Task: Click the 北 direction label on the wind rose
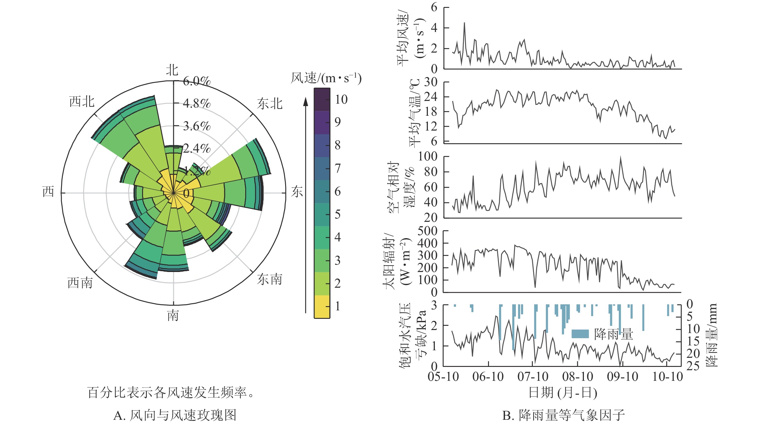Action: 172,70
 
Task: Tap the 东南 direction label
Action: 269,280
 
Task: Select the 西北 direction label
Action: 82,102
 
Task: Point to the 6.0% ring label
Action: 197,81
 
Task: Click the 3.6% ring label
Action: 197,126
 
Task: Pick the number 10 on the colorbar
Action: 341,100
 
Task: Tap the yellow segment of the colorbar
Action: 322,306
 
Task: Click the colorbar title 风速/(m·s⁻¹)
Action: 326,78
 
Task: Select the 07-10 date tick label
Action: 533,377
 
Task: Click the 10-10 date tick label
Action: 668,377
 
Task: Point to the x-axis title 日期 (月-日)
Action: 563,393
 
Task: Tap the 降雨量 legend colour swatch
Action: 580,334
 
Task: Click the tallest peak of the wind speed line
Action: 464,23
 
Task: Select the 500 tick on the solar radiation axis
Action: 427,231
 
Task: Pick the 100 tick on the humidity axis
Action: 428,157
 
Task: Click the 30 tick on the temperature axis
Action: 431,82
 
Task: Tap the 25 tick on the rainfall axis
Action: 693,366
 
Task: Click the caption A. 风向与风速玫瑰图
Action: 175,415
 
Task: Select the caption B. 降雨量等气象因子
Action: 563,415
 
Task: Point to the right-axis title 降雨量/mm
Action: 711,335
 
